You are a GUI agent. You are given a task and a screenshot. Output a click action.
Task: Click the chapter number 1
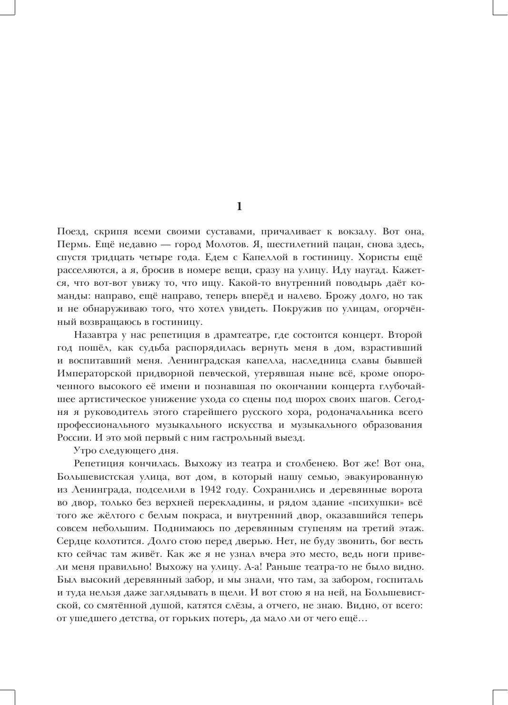239,206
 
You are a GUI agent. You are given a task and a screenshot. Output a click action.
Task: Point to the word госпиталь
400,580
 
